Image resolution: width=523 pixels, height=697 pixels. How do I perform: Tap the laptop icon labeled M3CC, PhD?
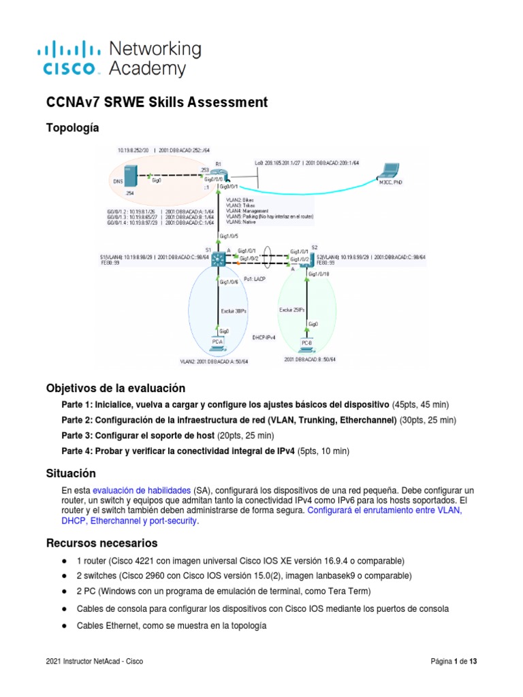[x=392, y=172]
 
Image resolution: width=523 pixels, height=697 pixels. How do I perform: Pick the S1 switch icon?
[x=219, y=258]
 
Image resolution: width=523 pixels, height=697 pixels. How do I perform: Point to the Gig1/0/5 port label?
[x=228, y=236]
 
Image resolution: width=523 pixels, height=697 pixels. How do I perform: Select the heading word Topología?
[x=72, y=128]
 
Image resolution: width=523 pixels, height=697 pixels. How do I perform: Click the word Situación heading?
[x=71, y=473]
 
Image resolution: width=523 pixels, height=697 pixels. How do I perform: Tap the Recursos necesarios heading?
[x=101, y=543]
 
